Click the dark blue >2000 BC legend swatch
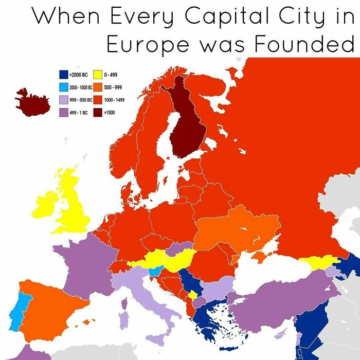click(63, 76)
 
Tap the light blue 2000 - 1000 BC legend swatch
click(63, 87)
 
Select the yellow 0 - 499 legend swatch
click(98, 76)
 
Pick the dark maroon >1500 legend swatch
click(98, 111)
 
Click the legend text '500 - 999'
click(113, 87)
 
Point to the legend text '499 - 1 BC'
click(79, 111)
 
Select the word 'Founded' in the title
click(303, 45)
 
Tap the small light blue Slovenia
click(154, 272)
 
